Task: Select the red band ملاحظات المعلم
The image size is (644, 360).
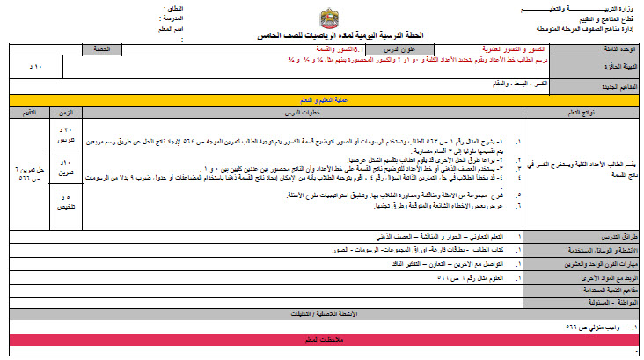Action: coord(321,338)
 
